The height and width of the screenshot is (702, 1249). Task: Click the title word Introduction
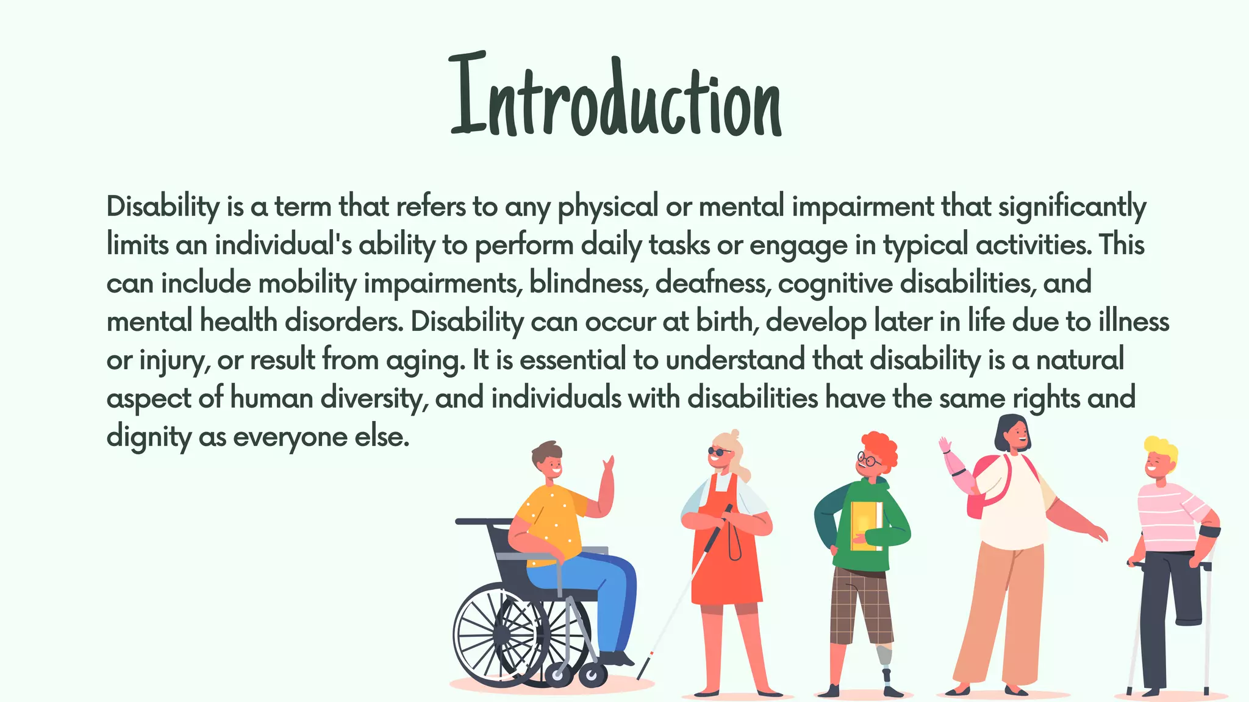pyautogui.click(x=616, y=97)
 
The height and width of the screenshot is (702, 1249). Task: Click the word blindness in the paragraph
pyautogui.click(x=588, y=283)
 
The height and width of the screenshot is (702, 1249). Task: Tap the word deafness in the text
pyautogui.click(x=712, y=283)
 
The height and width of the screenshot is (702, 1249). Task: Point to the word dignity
pyautogui.click(x=148, y=438)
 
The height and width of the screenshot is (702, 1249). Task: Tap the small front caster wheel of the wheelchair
pyautogui.click(x=592, y=675)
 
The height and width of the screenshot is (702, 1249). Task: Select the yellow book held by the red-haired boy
pyautogui.click(x=866, y=525)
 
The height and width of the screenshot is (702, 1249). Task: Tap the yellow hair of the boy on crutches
pyautogui.click(x=1161, y=448)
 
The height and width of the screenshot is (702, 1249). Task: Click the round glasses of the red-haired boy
pyautogui.click(x=868, y=459)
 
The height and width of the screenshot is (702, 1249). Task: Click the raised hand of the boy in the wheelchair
pyautogui.click(x=608, y=469)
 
